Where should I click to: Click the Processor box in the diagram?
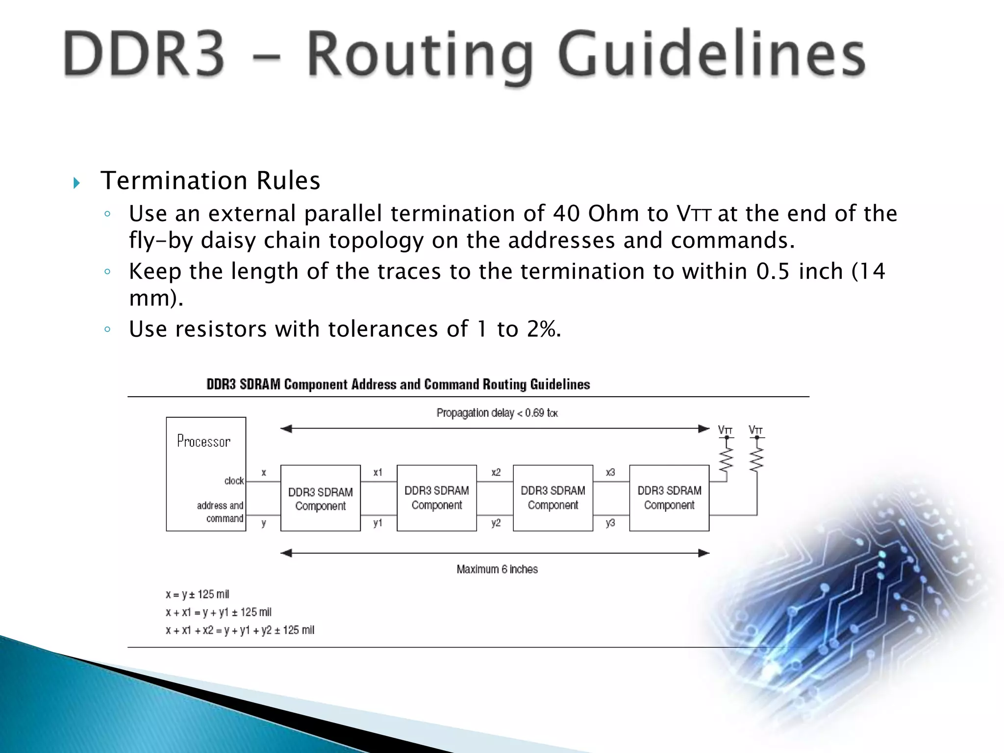[x=206, y=474]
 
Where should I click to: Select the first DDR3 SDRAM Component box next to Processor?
[x=320, y=499]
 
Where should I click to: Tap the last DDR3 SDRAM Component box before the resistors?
[x=669, y=498]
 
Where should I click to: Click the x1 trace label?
[x=377, y=473]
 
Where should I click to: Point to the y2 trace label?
[x=496, y=523]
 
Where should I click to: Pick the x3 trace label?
[x=610, y=473]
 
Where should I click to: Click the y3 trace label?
[x=610, y=523]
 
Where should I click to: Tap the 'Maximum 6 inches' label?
[x=497, y=569]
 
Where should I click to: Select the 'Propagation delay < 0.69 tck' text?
[x=497, y=413]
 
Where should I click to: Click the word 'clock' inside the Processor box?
[x=234, y=481]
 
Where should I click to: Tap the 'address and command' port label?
[x=220, y=512]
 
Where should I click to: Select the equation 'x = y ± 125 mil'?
[x=197, y=595]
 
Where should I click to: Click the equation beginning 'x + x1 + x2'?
[x=240, y=630]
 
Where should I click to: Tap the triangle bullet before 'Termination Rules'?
[x=76, y=183]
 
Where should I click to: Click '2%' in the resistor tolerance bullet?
[x=542, y=329]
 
